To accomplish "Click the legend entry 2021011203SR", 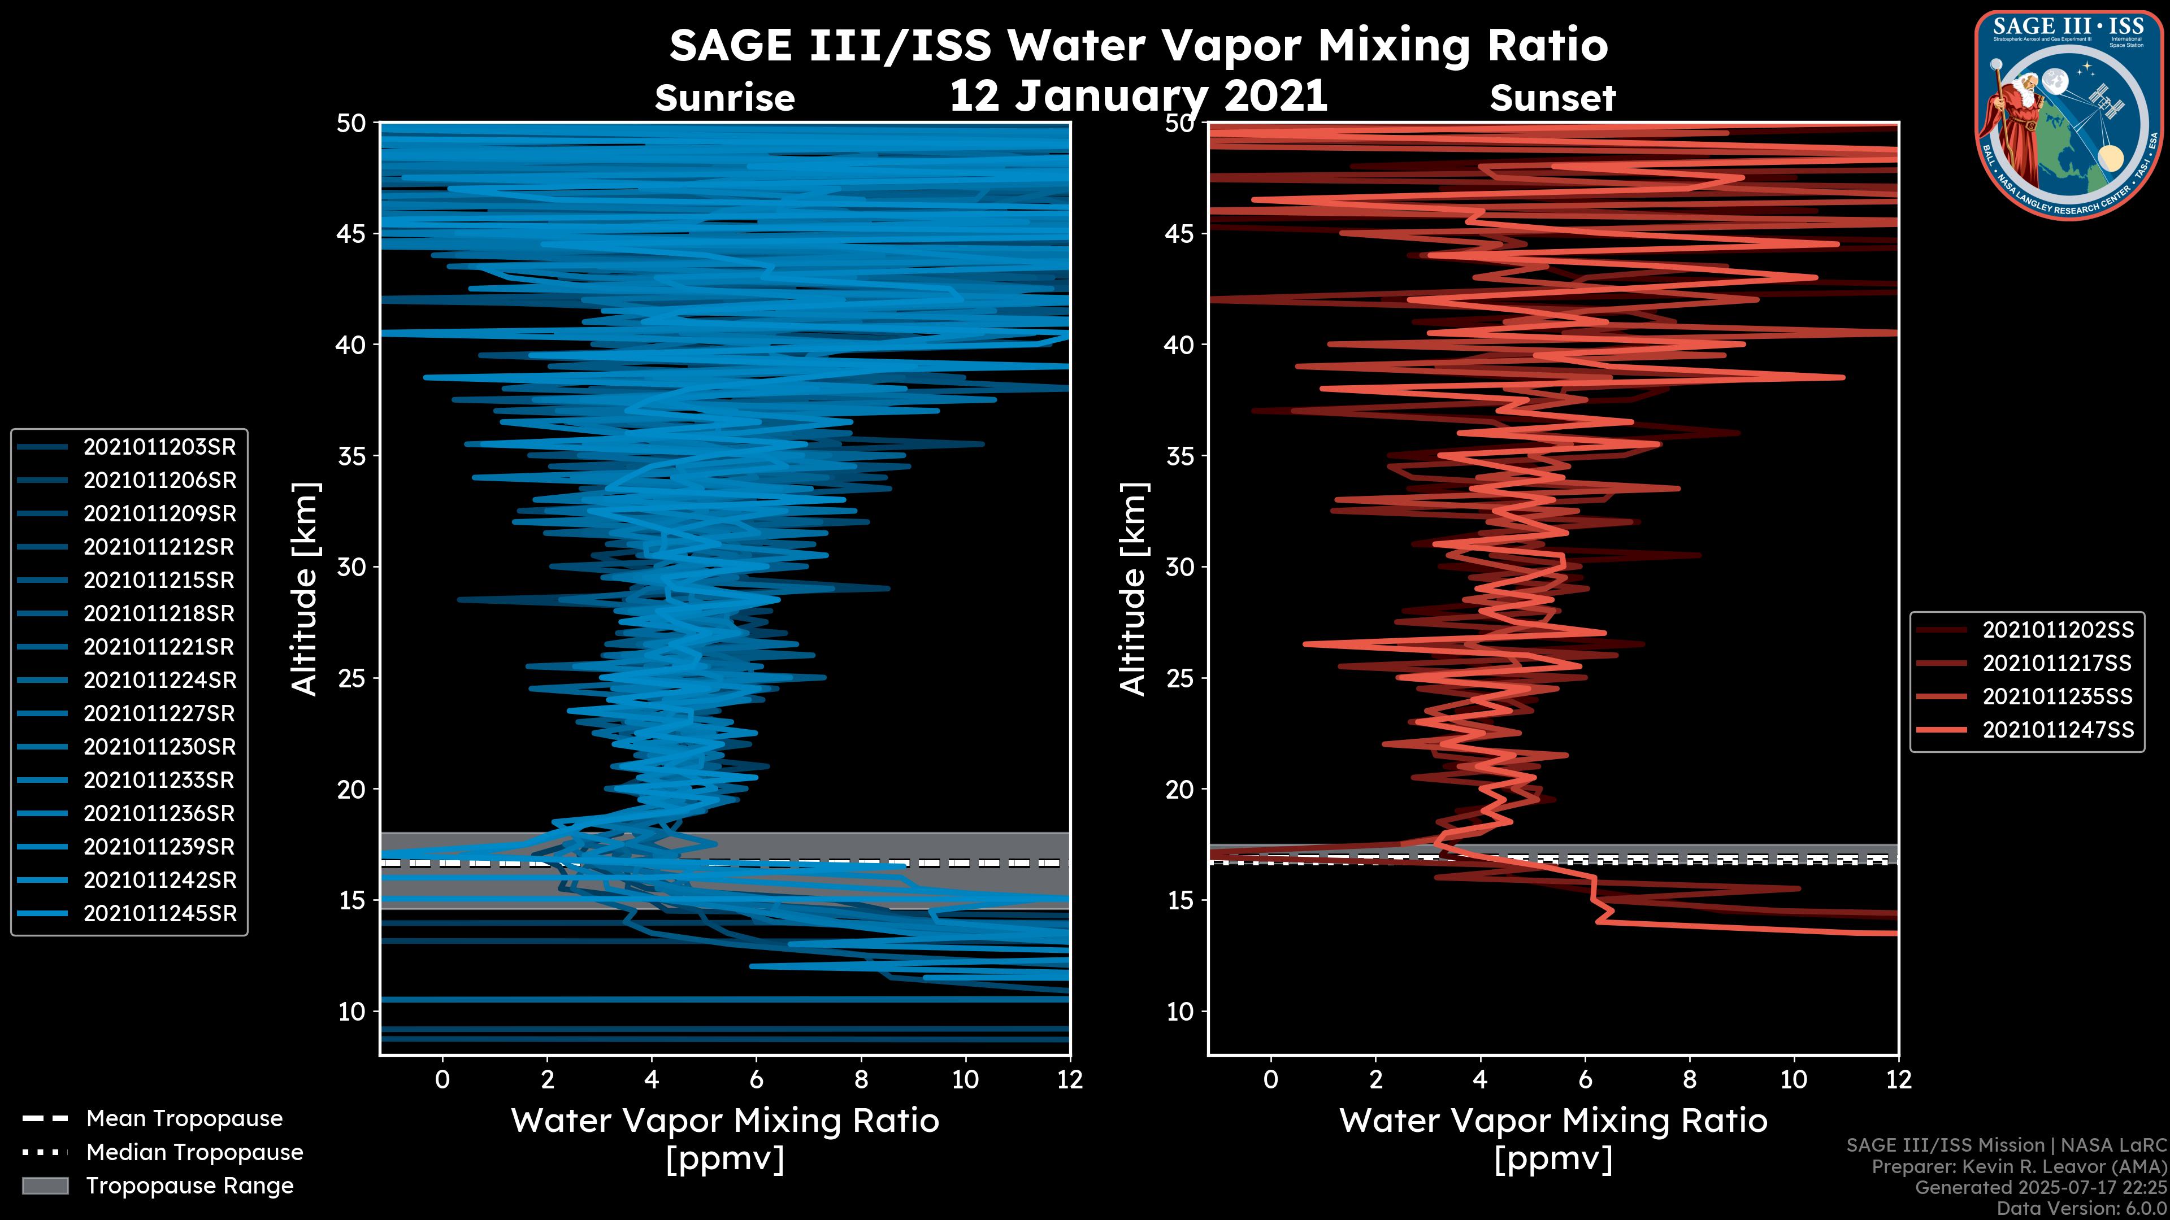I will pos(159,447).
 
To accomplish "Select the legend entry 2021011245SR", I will pos(159,913).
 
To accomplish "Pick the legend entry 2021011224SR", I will pos(159,680).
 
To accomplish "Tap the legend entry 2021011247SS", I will pos(2057,730).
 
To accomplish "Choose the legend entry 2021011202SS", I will pos(2057,630).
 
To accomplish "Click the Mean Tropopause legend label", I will pos(184,1119).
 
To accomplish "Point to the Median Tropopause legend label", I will pos(194,1153).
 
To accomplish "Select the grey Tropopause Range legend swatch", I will pos(45,1186).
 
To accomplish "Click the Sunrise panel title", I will pos(724,98).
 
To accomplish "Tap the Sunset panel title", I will pos(1552,98).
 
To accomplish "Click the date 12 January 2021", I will pos(1138,95).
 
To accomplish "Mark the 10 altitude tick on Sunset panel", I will pos(1180,1011).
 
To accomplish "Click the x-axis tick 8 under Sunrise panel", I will pos(861,1079).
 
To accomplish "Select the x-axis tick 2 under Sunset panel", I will pos(1375,1079).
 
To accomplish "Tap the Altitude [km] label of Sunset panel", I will pos(1134,589).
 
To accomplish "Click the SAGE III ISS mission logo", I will pos(2067,115).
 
